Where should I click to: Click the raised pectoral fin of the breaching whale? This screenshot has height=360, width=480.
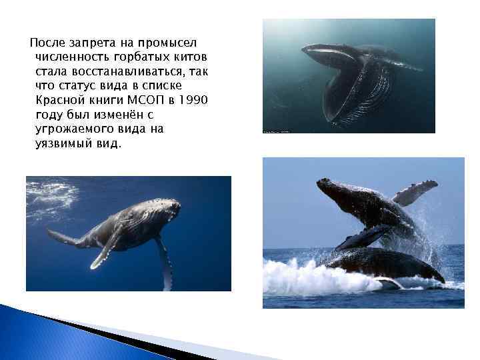click(415, 191)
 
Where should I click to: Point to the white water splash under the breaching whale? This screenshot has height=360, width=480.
click(313, 277)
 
